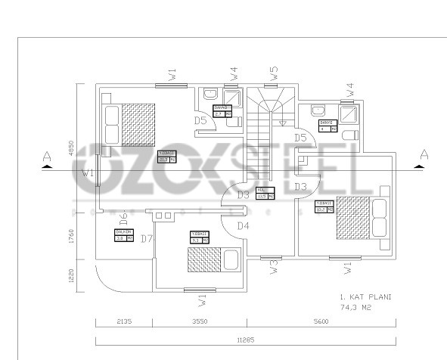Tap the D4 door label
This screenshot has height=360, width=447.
pyautogui.click(x=243, y=225)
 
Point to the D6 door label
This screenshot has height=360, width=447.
pyautogui.click(x=123, y=220)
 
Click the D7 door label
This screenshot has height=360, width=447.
pyautogui.click(x=147, y=240)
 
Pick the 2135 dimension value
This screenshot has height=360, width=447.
pyautogui.click(x=123, y=321)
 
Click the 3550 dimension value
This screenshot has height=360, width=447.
pyautogui.click(x=200, y=321)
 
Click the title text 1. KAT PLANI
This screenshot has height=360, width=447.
pyautogui.click(x=365, y=297)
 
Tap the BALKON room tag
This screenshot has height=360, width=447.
pyautogui.click(x=124, y=235)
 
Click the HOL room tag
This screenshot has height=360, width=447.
pyautogui.click(x=265, y=193)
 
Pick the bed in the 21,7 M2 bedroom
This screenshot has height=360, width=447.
pyautogui.click(x=130, y=124)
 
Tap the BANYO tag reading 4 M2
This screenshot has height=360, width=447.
pyautogui.click(x=327, y=126)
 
